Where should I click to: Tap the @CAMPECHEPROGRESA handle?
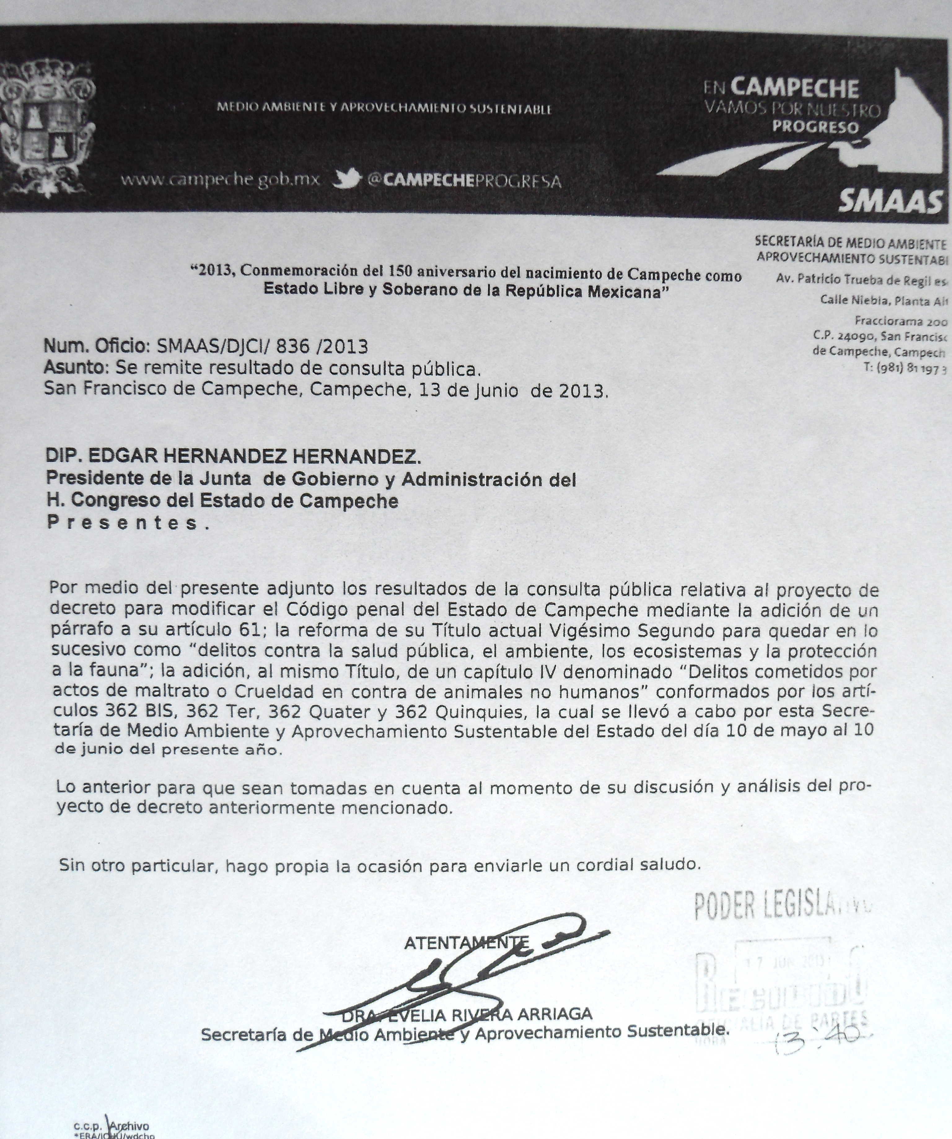463,181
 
